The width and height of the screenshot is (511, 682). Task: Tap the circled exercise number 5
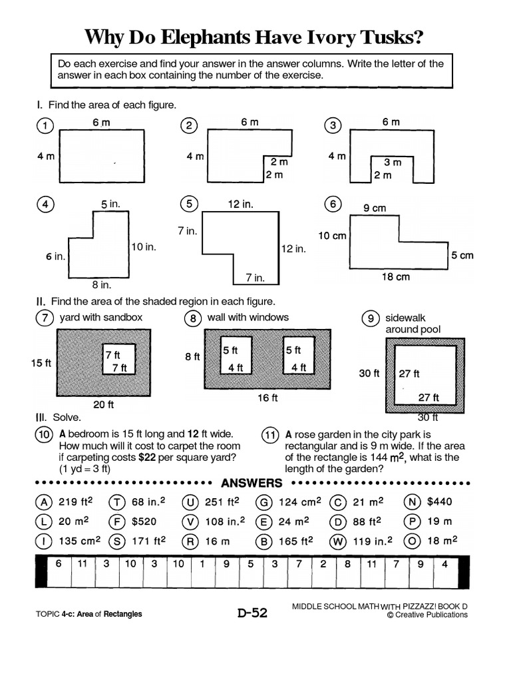click(190, 204)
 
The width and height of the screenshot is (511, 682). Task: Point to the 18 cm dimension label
click(395, 277)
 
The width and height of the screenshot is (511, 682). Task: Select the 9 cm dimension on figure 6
click(374, 208)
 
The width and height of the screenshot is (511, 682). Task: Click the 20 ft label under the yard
click(102, 404)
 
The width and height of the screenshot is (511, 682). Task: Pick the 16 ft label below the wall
click(267, 398)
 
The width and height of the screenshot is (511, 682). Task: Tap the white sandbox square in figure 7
click(119, 361)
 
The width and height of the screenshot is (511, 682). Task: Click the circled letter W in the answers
click(339, 541)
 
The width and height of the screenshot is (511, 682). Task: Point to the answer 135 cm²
click(81, 541)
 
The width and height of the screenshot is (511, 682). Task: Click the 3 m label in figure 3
click(393, 162)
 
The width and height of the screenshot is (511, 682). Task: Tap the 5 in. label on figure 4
click(110, 204)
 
